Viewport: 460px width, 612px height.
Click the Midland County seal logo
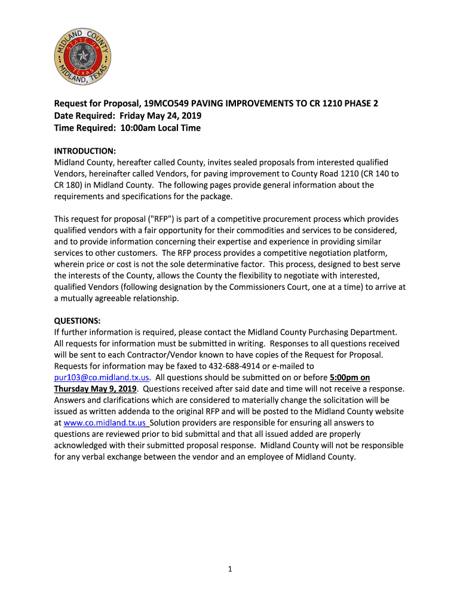(84, 57)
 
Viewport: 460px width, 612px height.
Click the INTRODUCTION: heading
(85, 151)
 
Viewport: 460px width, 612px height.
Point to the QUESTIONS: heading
(77, 320)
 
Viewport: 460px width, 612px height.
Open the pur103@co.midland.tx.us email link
(102, 378)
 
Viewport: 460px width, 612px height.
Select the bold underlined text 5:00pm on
(349, 378)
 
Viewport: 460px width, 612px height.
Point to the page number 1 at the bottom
(229, 569)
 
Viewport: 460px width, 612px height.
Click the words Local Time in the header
(179, 128)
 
